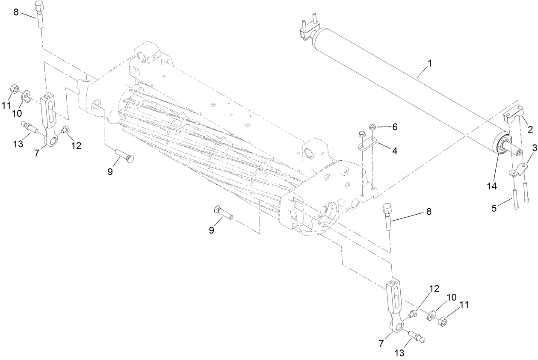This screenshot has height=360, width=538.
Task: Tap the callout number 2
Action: point(530,129)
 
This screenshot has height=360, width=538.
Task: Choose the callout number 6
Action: point(395,127)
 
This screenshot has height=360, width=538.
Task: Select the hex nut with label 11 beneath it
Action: point(13,89)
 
